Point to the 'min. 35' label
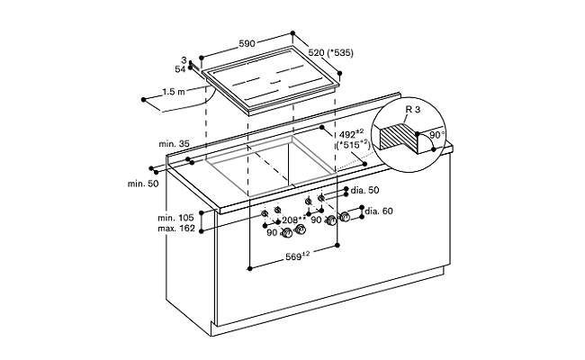click(x=174, y=144)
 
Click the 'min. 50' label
click(x=142, y=184)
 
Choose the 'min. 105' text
click(x=175, y=219)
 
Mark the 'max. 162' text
click(x=175, y=230)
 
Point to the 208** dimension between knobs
click(x=292, y=220)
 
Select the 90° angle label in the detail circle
click(x=438, y=134)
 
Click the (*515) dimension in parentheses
click(x=354, y=145)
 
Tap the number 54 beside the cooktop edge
click(x=180, y=68)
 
